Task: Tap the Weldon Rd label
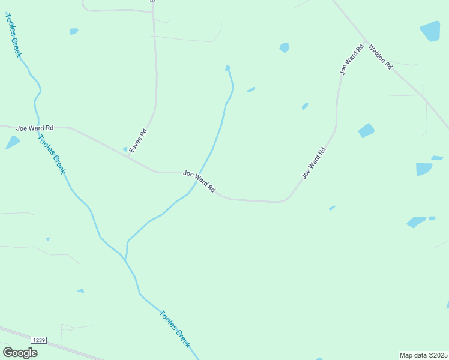380,56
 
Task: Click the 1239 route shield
38,340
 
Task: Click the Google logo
20,353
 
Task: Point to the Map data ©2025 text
424,355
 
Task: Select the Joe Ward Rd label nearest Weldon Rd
352,59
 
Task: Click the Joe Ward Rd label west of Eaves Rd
35,128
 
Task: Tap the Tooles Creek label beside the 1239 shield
175,328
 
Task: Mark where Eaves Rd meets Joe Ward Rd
131,157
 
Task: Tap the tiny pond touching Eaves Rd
125,149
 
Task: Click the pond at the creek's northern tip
227,68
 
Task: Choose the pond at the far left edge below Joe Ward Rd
13,142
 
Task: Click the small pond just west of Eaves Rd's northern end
74,31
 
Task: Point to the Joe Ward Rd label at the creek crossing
199,181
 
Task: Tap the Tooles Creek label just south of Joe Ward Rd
52,154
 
